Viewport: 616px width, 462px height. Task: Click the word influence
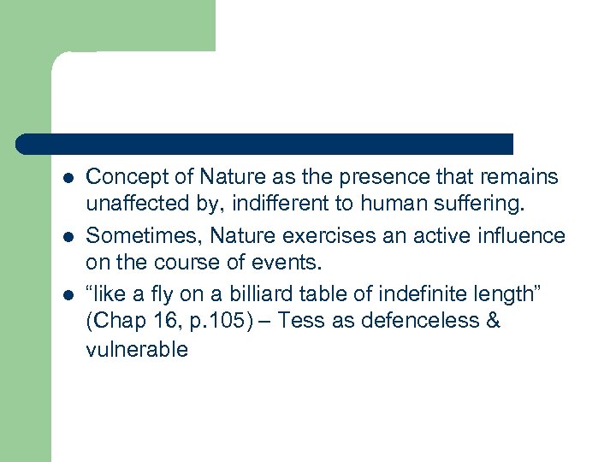[521, 235]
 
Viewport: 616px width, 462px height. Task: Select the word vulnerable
[137, 350]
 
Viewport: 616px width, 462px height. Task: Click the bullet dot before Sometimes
[68, 235]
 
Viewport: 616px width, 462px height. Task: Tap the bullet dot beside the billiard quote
[68, 293]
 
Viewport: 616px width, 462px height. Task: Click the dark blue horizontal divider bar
[265, 144]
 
